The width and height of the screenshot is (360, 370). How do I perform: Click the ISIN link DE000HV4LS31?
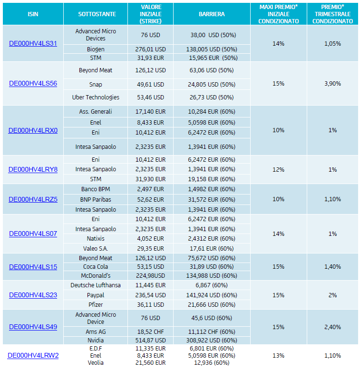point(33,43)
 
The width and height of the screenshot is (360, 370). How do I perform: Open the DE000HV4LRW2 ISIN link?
point(33,355)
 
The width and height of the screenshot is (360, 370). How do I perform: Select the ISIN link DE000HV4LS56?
point(33,84)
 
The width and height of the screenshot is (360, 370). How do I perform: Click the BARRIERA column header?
point(212,14)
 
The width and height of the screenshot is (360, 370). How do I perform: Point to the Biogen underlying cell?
point(96,49)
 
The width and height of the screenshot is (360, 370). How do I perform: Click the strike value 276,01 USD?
point(151,49)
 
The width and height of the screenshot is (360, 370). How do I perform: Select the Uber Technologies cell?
point(96,97)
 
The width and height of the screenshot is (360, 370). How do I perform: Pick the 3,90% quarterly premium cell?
point(332,84)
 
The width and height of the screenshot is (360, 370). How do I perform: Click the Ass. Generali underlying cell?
point(96,112)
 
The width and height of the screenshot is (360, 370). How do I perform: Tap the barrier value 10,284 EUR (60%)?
point(212,112)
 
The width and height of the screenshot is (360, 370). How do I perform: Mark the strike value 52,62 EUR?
point(151,199)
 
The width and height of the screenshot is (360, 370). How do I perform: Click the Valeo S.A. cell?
point(96,248)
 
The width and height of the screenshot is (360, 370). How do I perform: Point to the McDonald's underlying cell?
point(96,275)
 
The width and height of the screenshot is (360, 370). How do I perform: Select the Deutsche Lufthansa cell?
point(96,285)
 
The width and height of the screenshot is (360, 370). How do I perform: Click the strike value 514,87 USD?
point(151,340)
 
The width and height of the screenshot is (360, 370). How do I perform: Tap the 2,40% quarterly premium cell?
point(332,327)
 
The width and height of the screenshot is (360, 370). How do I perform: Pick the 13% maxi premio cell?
point(278,355)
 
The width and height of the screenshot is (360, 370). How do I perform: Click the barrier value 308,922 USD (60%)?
point(212,340)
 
